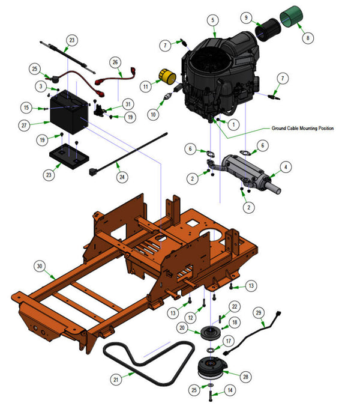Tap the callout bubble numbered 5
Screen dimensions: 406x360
point(212,20)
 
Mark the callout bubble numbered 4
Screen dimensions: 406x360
point(286,166)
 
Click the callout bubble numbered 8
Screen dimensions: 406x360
point(309,38)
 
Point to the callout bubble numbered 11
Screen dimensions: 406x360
point(145,87)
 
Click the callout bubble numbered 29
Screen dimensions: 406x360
point(259,312)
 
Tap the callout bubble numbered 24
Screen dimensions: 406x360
point(122,177)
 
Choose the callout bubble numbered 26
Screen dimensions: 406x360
point(116,62)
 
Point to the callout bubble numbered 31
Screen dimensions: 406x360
point(127,104)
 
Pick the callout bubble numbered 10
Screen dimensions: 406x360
point(153,114)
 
